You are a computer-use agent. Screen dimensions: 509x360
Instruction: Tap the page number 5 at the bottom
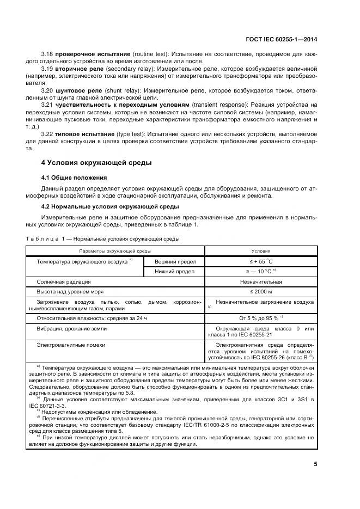coord(316,464)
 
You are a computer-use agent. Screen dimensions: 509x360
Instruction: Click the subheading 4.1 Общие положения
coord(74,177)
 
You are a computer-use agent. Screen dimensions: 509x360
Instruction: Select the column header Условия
coord(260,251)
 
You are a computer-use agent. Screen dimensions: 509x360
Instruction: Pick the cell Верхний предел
coord(173,261)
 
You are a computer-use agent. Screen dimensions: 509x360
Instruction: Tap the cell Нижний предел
coord(173,271)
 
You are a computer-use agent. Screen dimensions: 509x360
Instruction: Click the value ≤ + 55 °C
coord(260,261)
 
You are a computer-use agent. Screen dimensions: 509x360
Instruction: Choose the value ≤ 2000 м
coord(260,292)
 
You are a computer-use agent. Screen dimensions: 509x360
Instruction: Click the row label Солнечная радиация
coord(63,282)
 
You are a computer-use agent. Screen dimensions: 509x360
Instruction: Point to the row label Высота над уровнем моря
coord(69,292)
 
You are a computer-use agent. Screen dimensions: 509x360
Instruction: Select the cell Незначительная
coord(260,282)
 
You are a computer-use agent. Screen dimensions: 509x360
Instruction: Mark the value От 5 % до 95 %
coord(259,317)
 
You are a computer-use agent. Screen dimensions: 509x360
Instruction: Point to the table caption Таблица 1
coord(45,238)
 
